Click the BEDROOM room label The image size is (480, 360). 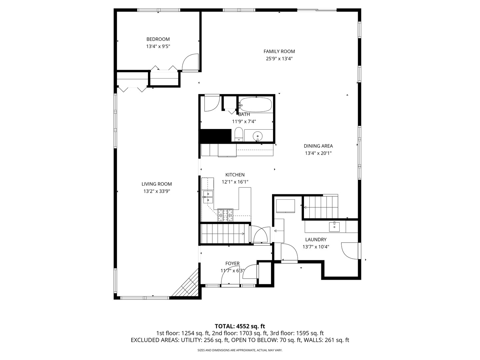pos(158,39)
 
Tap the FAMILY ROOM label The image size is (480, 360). pos(279,51)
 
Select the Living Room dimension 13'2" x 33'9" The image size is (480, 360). pos(157,191)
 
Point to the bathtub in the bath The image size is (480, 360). pos(256,105)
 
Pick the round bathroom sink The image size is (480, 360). pos(258,136)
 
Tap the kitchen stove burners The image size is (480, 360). pos(225,215)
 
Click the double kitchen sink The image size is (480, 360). pos(208,197)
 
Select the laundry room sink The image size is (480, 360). pos(334,227)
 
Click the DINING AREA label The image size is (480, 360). pos(318,146)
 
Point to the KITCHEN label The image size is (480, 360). pos(235,175)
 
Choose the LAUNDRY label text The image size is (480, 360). pos(316,239)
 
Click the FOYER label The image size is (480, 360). pos(232,264)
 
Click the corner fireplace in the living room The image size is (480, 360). pos(187,285)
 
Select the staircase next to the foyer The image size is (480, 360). pos(225,234)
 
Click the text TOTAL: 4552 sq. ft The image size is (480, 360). pos(240,326)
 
